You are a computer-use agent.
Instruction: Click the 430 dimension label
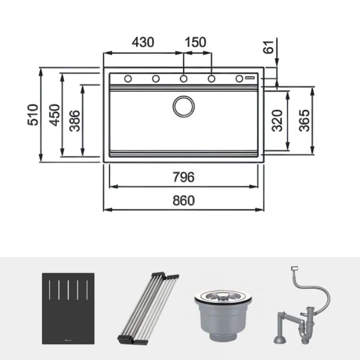coord(143,42)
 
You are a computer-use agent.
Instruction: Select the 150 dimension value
coord(195,42)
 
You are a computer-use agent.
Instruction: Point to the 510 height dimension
coord(32,115)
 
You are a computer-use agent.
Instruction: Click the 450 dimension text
coord(54,115)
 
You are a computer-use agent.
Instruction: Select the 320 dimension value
coord(278,120)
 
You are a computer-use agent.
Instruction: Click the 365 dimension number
coord(304,120)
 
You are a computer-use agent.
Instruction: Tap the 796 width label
coord(184,177)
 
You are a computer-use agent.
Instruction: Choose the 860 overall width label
coord(184,201)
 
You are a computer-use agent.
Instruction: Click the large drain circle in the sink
coord(184,106)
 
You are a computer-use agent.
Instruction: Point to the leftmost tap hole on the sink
coord(128,79)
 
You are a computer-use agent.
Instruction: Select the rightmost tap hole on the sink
coord(239,79)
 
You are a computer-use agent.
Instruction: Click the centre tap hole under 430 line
coord(184,79)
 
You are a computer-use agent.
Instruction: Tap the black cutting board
coord(68,308)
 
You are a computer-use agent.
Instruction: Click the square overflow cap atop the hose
coord(295,269)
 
